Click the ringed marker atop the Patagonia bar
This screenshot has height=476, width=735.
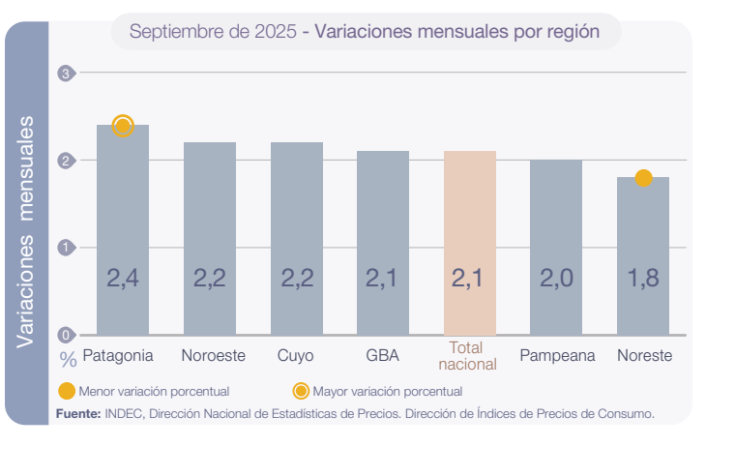coord(123,125)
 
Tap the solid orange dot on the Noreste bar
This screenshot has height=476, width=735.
coord(643,178)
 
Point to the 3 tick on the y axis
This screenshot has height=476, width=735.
coord(66,74)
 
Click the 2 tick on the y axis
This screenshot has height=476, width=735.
coord(66,161)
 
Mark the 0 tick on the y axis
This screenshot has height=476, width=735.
coord(66,336)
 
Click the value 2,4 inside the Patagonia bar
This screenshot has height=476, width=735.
coord(123,279)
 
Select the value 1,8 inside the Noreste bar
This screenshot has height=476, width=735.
coord(643,279)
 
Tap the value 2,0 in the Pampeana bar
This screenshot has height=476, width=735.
coord(556,279)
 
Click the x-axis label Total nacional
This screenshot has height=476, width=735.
coord(467,356)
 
